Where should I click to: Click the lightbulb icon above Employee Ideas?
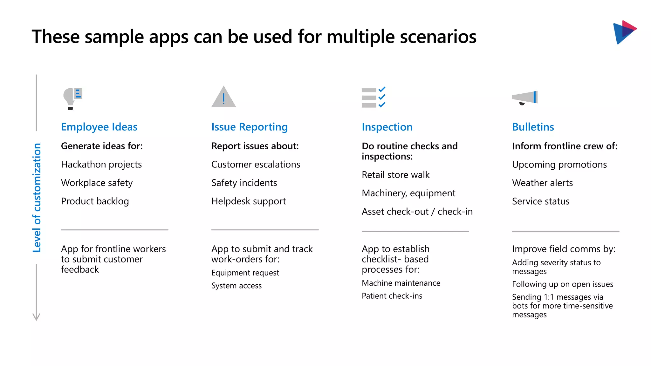pos(72,98)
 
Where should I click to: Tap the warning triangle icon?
pos(223,97)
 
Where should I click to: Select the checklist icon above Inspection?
pos(373,97)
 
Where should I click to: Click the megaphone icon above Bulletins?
pos(525,98)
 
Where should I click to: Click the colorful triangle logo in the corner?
pos(624,32)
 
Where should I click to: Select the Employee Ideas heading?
pos(99,127)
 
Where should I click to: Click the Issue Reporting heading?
pos(250,127)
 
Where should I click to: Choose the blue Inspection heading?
pos(387,127)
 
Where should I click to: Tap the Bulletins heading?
pos(533,127)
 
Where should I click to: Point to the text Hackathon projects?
pos(101,164)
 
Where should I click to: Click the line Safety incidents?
pos(244,183)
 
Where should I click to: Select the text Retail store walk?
pos(395,175)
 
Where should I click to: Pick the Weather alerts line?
pos(542,183)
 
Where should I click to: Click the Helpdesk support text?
pos(248,201)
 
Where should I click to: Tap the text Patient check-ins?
pos(392,296)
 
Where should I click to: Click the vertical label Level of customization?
pos(37,198)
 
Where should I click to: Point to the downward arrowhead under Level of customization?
pos(36,317)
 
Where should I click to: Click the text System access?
pos(236,286)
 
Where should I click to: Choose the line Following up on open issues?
pos(562,284)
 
